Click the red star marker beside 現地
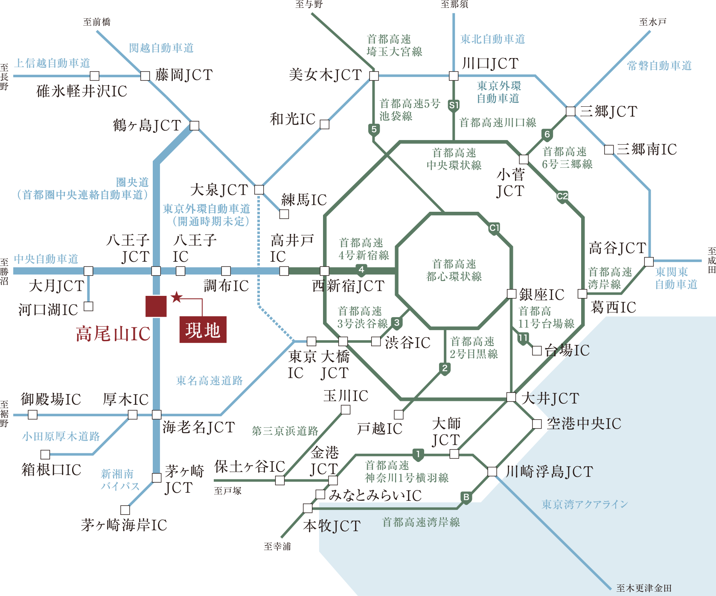[177, 297]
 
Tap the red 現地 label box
[203, 330]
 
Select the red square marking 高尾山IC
[156, 306]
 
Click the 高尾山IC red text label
[113, 334]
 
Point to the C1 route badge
[494, 228]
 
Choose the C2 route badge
[562, 196]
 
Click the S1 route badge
[454, 105]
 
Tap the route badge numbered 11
[523, 338]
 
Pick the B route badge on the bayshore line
[466, 497]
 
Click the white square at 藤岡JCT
[145, 76]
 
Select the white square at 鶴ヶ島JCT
[194, 126]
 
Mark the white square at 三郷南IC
[609, 149]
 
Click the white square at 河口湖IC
[88, 306]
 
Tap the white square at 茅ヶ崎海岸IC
[125, 510]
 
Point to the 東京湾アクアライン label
[585, 505]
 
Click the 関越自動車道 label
[161, 48]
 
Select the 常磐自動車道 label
[659, 66]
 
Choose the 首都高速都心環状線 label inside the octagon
[454, 270]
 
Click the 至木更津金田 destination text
[644, 588]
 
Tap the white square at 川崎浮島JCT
[492, 471]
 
